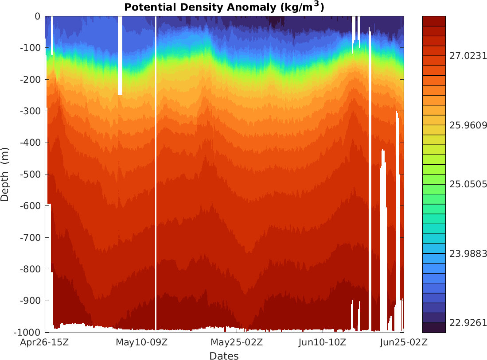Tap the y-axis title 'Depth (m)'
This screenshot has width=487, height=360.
click(5, 174)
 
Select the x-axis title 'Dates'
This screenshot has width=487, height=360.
click(224, 356)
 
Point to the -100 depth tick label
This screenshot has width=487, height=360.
click(31, 48)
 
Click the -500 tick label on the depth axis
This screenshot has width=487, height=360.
click(31, 174)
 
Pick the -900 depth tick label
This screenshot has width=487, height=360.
click(31, 301)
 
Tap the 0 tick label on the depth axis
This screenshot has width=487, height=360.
click(37, 16)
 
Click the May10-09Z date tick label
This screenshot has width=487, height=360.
click(141, 342)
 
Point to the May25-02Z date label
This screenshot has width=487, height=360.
click(237, 342)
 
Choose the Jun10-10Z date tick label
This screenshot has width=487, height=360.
click(323, 342)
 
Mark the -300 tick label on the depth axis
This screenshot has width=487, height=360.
click(31, 111)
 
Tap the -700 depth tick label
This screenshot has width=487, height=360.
click(31, 238)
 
